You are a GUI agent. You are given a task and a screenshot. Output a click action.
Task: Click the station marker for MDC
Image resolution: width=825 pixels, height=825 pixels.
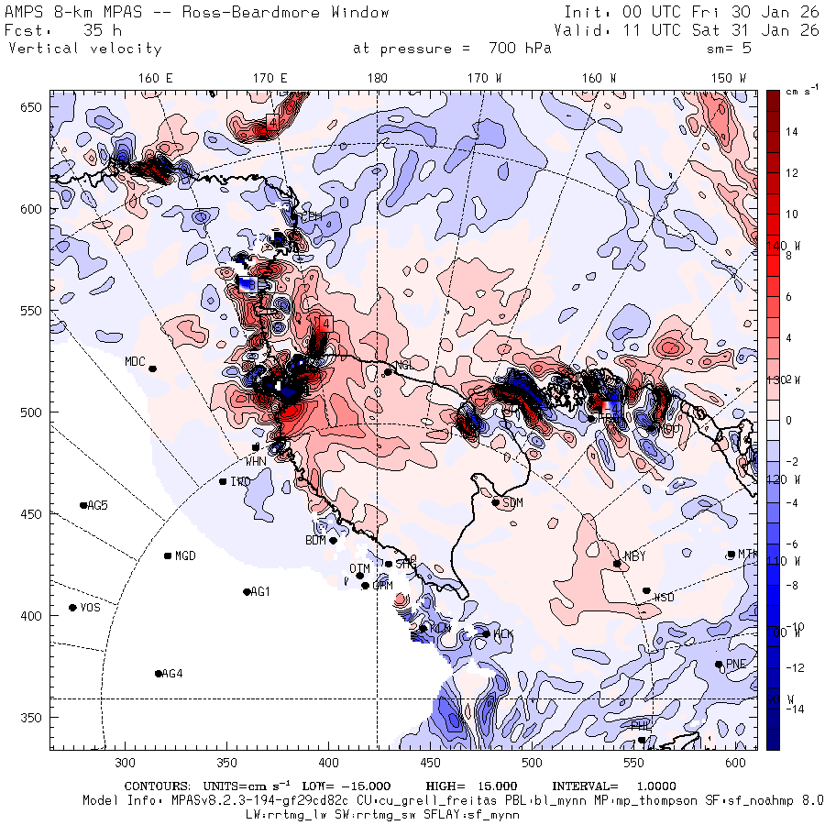[x=153, y=368]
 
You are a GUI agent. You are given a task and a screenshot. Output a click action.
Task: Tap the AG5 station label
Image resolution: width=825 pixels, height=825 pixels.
[x=97, y=505]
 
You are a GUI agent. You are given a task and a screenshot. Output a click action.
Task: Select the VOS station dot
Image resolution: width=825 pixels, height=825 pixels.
[x=72, y=608]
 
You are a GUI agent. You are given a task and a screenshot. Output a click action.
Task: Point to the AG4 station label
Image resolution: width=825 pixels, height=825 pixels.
[x=171, y=674]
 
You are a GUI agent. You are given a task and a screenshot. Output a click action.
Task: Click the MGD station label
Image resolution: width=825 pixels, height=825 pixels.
[x=185, y=555]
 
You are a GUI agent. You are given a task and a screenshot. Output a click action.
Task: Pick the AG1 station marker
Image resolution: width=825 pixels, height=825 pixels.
[x=247, y=592]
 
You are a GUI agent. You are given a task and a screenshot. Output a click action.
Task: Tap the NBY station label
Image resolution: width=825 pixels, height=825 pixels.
[x=634, y=556]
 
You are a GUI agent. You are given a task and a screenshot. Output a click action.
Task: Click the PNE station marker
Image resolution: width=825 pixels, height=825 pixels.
[x=719, y=665]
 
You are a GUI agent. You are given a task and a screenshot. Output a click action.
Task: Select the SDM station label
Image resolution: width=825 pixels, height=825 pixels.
[x=513, y=503]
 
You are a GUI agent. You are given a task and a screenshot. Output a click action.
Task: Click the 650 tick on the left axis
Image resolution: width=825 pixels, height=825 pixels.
[x=35, y=108]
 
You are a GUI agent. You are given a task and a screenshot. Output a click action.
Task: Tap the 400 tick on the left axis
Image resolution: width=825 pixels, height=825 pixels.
[x=35, y=615]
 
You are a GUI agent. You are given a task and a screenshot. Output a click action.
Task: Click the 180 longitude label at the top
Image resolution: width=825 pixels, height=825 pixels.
[x=377, y=78]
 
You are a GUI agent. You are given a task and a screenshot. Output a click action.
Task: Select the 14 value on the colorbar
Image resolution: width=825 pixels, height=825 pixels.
[x=793, y=132]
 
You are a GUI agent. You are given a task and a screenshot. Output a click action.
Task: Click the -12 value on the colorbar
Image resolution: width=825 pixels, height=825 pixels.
[x=794, y=666]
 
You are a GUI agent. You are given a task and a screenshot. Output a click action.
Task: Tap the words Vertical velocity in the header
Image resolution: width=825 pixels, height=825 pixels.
[x=85, y=49]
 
